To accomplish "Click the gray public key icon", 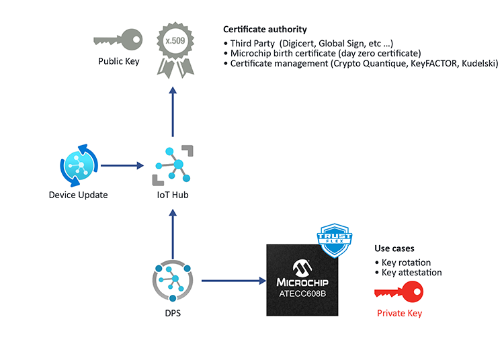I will (x=118, y=40).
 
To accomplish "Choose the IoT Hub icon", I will (x=173, y=165).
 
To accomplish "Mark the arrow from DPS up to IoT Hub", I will (x=173, y=232).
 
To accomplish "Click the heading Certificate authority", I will (x=265, y=30).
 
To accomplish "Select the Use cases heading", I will (x=394, y=248).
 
